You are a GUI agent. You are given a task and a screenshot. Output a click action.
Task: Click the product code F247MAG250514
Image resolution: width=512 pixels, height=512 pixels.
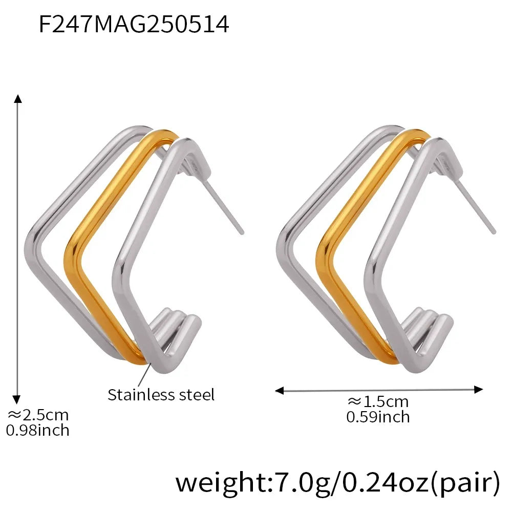[134, 24]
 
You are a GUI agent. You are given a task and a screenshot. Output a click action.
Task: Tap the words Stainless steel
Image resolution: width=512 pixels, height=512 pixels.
[161, 395]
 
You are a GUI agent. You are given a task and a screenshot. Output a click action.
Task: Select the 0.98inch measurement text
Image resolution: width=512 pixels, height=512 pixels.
[37, 430]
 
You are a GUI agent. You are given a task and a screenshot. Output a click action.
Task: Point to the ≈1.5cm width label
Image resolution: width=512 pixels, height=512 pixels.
[378, 402]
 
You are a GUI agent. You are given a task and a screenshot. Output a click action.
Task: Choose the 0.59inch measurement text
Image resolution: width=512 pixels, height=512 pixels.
[378, 417]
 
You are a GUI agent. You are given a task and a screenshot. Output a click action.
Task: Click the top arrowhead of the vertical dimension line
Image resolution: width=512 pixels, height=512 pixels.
[18, 99]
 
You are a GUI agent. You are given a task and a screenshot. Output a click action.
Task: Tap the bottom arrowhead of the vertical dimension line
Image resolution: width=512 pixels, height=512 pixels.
[18, 399]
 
